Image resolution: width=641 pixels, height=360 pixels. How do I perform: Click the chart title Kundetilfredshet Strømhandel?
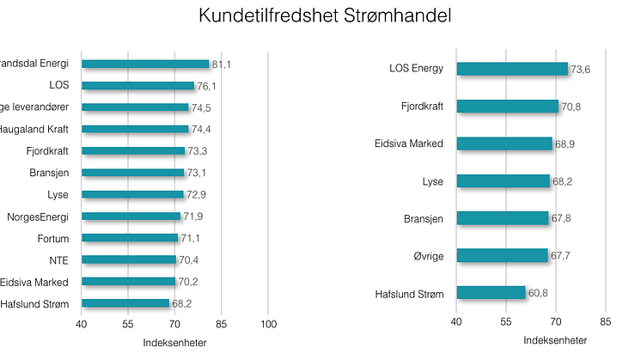point(325,16)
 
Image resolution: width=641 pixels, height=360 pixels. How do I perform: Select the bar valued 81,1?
point(145,64)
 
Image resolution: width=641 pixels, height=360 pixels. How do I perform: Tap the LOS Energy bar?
point(512,70)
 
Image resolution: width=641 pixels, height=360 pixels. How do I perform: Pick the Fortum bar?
point(130,238)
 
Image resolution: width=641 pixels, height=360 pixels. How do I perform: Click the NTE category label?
point(59,259)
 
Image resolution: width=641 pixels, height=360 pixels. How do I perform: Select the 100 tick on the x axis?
point(268,324)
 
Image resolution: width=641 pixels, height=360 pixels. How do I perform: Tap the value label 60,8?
point(538,294)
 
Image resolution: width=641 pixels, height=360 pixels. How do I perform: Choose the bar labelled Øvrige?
point(502,255)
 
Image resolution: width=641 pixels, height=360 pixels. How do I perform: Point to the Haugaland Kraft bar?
point(135,129)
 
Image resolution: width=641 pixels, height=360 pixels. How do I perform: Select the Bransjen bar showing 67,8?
point(503,218)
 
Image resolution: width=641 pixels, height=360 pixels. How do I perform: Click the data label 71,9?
point(193,217)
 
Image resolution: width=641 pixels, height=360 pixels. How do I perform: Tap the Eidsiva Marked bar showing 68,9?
point(504,143)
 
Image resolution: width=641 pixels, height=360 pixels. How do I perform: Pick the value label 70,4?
point(188,259)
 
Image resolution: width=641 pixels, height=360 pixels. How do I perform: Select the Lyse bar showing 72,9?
point(132,194)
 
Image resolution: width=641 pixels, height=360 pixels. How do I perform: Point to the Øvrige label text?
point(427,255)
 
